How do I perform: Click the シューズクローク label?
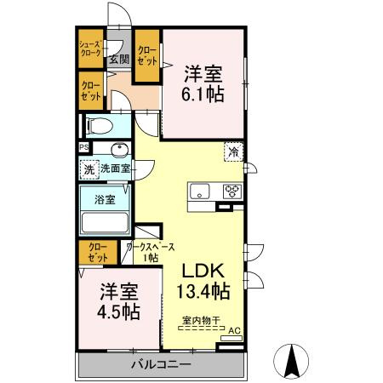pos(90,49)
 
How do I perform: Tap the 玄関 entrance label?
pos(118,60)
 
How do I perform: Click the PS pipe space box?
pos(83,147)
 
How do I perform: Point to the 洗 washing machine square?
pos(89,169)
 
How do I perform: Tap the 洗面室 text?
pos(115,169)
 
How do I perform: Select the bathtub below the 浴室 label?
pos(104,223)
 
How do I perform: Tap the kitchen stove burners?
pos(232,191)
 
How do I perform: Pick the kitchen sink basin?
pos(201,190)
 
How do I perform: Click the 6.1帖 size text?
pos(203,94)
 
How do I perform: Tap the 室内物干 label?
pos(200,321)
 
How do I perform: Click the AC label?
pos(234,332)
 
